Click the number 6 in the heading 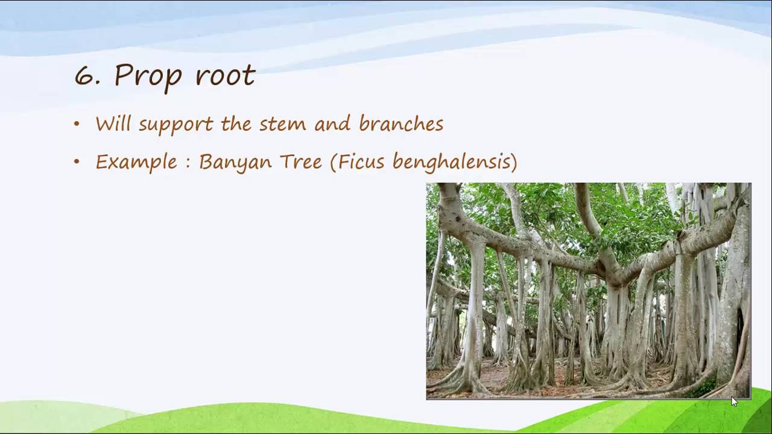[83, 76]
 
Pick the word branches [401, 124]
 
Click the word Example [136, 162]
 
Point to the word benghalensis [452, 162]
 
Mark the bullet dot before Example [77, 162]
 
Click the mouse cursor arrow [734, 402]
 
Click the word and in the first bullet [332, 124]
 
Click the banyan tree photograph [588, 291]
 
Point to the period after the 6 [96, 84]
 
